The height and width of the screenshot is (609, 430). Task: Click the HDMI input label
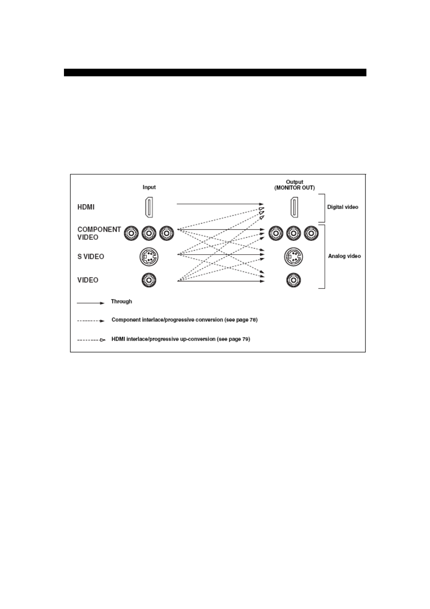coord(86,207)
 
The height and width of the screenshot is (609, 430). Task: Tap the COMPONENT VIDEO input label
coord(99,233)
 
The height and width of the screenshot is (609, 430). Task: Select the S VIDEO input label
coord(91,256)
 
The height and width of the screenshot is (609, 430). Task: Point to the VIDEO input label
coord(88,280)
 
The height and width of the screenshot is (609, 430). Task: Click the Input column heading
coord(149,187)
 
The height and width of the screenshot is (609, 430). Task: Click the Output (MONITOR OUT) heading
coord(294,185)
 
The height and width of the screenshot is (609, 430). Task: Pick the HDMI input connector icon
coord(149,207)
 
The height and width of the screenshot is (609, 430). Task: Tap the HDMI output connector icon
coord(294,207)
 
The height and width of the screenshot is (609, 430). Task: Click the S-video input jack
coord(149,257)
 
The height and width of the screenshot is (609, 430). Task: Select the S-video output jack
coord(293,257)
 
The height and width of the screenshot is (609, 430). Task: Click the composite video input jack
coord(149,280)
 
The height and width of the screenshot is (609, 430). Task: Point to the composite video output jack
coord(293,280)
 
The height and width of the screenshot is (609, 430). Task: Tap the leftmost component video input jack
coord(131,233)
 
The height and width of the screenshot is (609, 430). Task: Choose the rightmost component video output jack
coord(311,233)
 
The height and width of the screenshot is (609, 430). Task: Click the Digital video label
coord(343,207)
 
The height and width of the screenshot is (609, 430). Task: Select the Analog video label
coord(344,256)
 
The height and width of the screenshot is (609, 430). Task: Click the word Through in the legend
coord(121,301)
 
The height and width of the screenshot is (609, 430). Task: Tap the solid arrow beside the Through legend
coord(91,303)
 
